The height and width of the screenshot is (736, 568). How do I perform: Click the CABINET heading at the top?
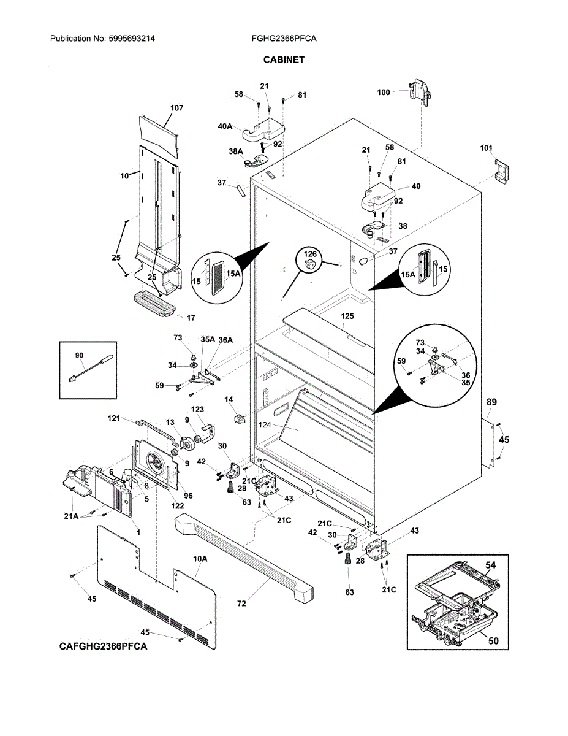click(284, 60)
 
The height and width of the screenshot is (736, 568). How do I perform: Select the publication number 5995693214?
click(132, 39)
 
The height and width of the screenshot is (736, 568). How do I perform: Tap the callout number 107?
click(176, 108)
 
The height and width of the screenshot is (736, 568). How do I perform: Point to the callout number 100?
click(384, 92)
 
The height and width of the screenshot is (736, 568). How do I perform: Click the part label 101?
click(486, 148)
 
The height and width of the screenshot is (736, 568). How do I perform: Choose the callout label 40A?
click(225, 126)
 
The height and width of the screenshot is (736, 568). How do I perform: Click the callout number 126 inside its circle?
click(310, 254)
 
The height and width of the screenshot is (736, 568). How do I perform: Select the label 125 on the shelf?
click(347, 316)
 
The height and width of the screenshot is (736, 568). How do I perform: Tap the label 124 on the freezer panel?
click(265, 424)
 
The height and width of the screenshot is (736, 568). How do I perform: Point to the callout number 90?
click(79, 355)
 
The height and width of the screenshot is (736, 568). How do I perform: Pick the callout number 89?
click(491, 402)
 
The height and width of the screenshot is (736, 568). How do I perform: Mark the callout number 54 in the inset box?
click(491, 565)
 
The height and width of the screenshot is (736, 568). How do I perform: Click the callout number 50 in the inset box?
click(494, 641)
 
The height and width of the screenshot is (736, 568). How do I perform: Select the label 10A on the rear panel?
click(200, 559)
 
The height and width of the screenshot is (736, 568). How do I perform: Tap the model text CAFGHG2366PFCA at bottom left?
click(104, 646)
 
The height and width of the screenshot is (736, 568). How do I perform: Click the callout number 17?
click(191, 318)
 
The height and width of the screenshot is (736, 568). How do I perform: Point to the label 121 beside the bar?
click(114, 418)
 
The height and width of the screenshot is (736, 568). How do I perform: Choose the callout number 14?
click(229, 400)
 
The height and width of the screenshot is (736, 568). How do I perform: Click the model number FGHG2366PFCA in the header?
click(284, 39)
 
